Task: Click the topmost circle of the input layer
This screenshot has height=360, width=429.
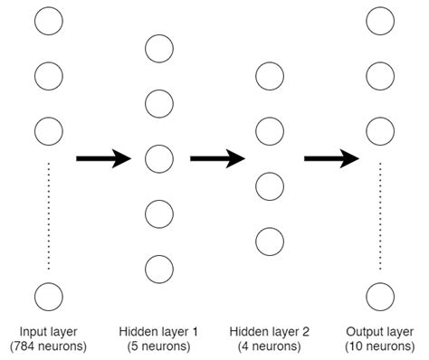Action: (x=48, y=20)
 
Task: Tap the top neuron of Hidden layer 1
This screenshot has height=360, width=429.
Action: (x=159, y=48)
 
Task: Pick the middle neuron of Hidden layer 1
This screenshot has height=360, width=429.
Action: (x=159, y=158)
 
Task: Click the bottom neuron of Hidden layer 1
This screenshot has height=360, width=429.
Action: (x=159, y=269)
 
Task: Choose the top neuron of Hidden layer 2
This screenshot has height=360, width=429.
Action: (x=270, y=76)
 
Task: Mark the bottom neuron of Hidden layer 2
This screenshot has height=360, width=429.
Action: (x=270, y=242)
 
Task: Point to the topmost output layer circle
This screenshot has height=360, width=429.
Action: (x=380, y=20)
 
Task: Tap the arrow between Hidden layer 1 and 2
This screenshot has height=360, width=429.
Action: (x=217, y=158)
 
